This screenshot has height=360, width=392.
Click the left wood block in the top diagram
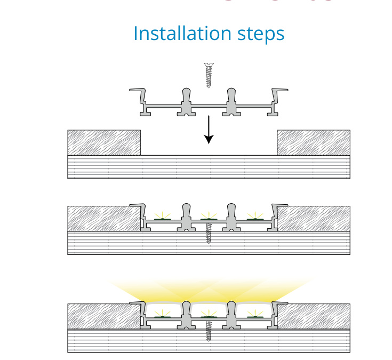(104, 142)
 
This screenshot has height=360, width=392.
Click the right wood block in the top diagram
(313, 142)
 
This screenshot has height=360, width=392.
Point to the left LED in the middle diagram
(162, 218)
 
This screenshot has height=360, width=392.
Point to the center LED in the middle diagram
(209, 218)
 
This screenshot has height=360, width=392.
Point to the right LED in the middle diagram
(254, 218)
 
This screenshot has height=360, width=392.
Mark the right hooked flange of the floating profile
(278, 96)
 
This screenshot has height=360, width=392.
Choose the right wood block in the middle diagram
(315, 219)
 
